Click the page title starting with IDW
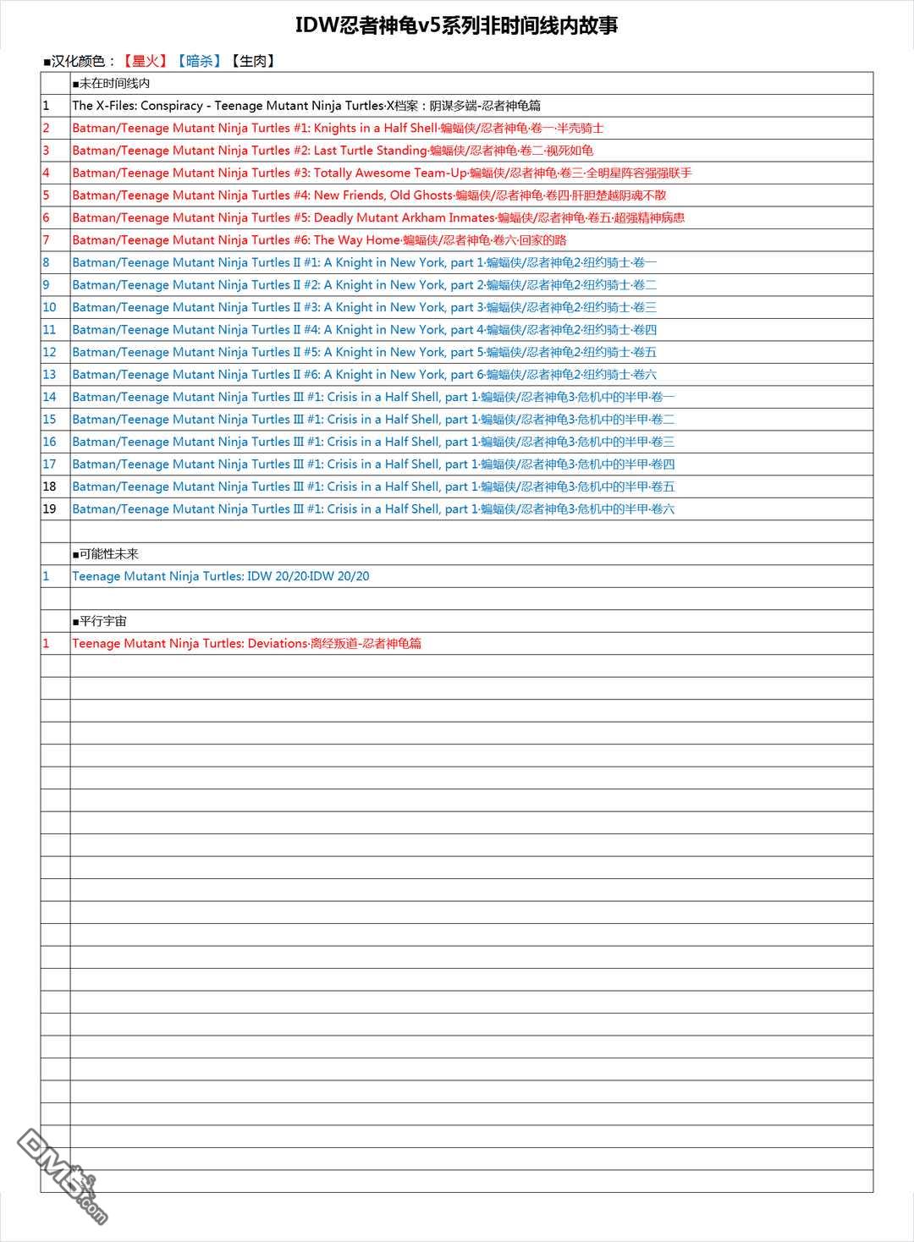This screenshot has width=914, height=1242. click(x=456, y=25)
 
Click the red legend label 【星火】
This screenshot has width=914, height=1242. click(x=146, y=61)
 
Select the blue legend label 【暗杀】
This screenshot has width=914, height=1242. click(x=200, y=61)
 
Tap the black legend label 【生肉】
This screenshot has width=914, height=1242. click(x=254, y=61)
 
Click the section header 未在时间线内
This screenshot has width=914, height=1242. click(x=112, y=83)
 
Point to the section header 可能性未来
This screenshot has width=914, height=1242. click(x=106, y=554)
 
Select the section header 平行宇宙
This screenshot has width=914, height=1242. click(x=100, y=621)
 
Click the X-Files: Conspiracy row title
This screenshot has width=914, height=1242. click(x=306, y=106)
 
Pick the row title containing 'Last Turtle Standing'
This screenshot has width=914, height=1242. click(x=333, y=151)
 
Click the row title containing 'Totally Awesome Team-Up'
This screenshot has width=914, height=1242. click(x=382, y=173)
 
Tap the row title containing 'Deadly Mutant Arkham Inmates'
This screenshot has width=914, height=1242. click(x=378, y=217)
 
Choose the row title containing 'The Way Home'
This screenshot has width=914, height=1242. click(x=319, y=240)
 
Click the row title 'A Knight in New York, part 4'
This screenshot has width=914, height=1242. click(x=364, y=330)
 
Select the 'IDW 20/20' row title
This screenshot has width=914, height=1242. click(x=221, y=576)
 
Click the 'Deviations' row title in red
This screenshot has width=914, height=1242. click(x=246, y=643)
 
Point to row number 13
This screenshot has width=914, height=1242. click(x=49, y=375)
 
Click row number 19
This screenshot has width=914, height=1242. click(x=49, y=509)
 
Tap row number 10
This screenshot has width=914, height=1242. click(x=49, y=307)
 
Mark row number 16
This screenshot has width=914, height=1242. click(x=49, y=442)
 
